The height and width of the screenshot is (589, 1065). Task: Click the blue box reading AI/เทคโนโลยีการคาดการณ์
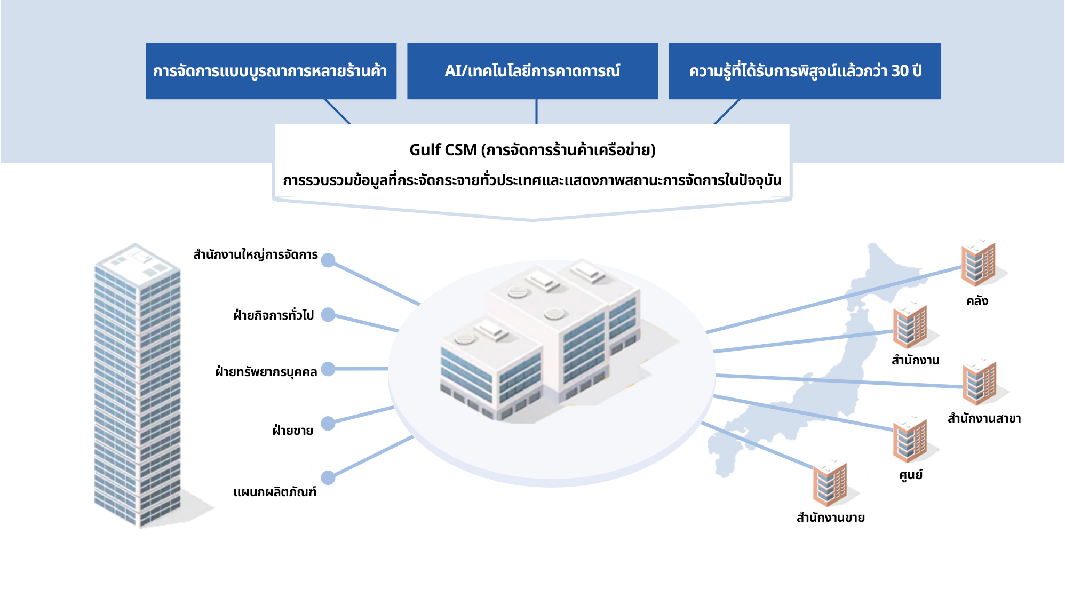[532, 71]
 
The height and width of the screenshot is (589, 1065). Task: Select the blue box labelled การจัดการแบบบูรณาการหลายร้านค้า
[271, 71]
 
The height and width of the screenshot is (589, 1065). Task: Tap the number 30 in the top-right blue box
[900, 71]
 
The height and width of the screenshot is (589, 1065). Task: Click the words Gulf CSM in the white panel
[442, 150]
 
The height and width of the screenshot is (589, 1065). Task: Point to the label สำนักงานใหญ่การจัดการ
[255, 255]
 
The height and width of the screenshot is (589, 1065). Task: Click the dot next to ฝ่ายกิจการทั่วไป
[328, 315]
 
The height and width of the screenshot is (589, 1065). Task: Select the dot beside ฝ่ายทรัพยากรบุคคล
[328, 369]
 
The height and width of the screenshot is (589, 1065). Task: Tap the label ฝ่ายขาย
[292, 430]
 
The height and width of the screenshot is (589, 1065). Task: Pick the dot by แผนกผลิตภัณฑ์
[328, 477]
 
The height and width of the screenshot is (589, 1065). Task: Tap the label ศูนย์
[910, 475]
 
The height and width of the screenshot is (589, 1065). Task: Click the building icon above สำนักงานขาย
[830, 483]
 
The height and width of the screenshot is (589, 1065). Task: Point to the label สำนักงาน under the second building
[915, 361]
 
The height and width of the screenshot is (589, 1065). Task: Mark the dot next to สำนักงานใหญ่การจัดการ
[328, 260]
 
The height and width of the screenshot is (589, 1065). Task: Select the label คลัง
[977, 301]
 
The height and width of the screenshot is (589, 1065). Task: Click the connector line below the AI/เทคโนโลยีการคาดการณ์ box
[536, 112]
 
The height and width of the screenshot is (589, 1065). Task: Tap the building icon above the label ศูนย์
[910, 440]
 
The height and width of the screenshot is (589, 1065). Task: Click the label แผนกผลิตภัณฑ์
[275, 492]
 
